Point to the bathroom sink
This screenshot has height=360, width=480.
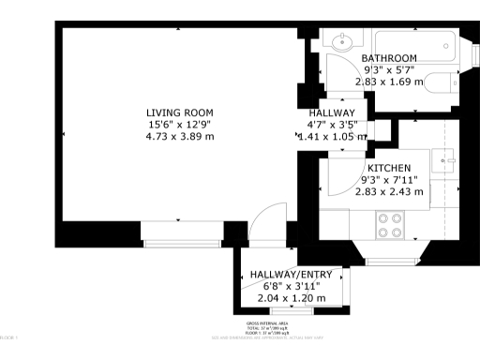click(339, 42)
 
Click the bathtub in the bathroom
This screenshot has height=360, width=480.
click(413, 44)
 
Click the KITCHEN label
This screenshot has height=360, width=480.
click(388, 167)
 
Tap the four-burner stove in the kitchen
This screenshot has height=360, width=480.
click(389, 225)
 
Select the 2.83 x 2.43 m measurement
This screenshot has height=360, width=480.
click(388, 191)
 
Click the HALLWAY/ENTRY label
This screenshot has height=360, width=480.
click(291, 275)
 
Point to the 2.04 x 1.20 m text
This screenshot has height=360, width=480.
click(291, 298)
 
